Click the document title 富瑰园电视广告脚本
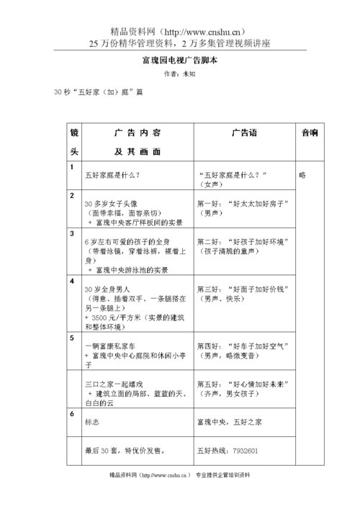tap(180, 61)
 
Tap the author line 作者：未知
tap(179, 74)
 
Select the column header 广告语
tap(244, 133)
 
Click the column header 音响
tap(310, 133)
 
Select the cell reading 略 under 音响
tap(302, 174)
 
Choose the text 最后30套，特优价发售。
tap(125, 451)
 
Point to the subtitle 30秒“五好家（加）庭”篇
tap(93, 93)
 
